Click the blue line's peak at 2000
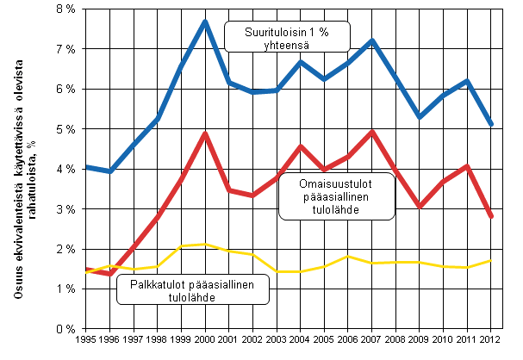click(206, 21)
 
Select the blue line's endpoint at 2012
click(489, 125)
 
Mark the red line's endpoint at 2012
click(489, 217)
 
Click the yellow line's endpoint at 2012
click(489, 260)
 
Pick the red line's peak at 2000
click(206, 133)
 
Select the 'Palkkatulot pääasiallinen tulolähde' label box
click(191, 290)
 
